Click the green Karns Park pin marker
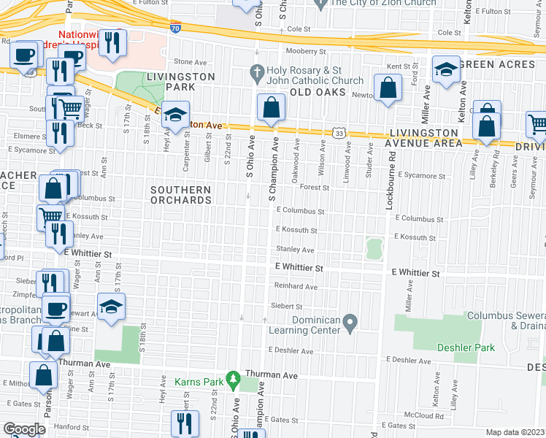[233, 379]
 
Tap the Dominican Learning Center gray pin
[350, 321]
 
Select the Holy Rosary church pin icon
[256, 72]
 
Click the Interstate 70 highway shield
[175, 28]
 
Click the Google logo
[24, 429]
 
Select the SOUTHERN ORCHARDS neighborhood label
[180, 195]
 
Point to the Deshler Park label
[466, 347]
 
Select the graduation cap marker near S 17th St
[111, 307]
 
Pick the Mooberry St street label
[305, 51]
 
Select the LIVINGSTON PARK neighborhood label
[180, 82]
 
